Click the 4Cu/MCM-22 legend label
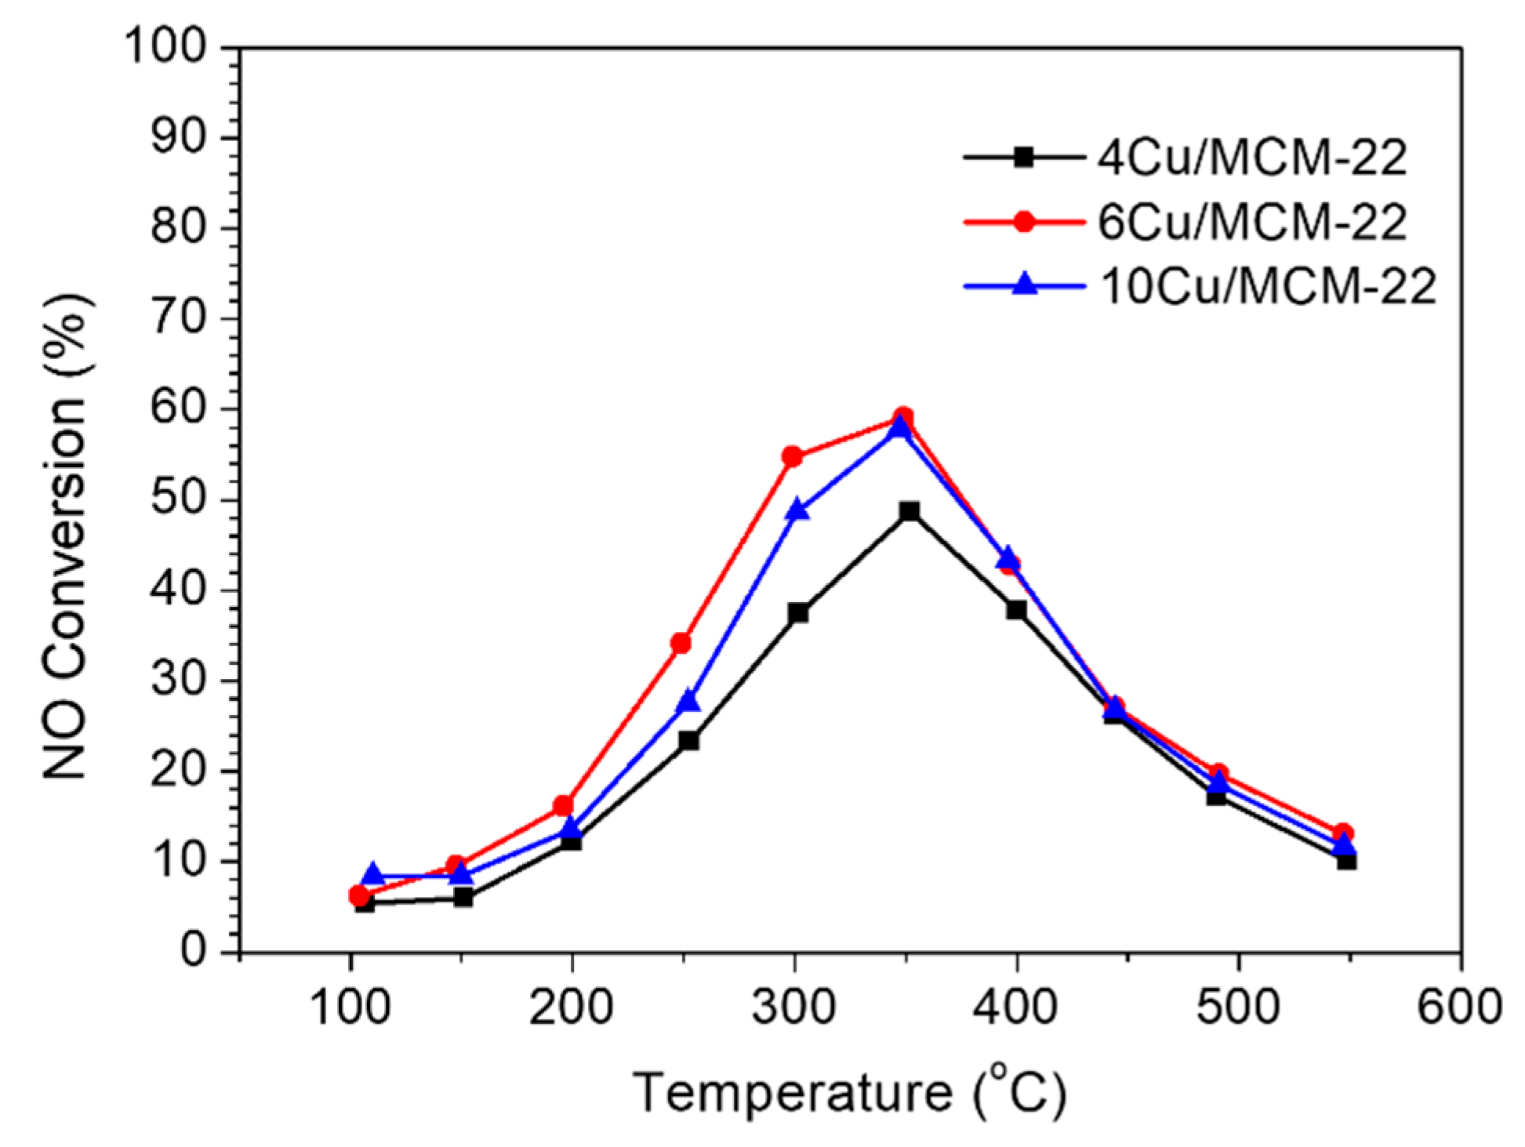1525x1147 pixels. coord(1251,158)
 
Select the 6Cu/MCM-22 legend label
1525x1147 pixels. coord(1251,223)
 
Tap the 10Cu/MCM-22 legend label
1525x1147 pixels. coord(1267,287)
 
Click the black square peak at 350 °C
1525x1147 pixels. coord(909,511)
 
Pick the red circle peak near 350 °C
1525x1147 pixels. coord(903,416)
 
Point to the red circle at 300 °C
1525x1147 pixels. coord(792,456)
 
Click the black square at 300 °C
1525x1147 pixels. coord(798,612)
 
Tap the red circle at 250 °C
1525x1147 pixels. coord(681,643)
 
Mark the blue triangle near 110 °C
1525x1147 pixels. coord(373,875)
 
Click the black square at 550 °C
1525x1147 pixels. coord(1347,861)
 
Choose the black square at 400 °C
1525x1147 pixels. coord(1016,609)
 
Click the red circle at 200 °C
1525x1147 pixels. coord(563,805)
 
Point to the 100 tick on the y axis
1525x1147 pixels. coord(173,49)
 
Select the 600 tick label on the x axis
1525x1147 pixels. coord(1459,1007)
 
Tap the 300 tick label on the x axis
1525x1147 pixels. coord(793,1007)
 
